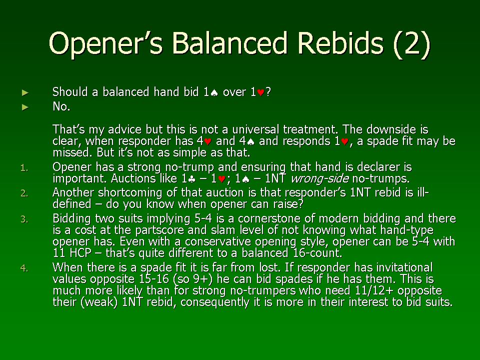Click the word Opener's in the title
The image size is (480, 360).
click(106, 44)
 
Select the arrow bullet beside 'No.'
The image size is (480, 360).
click(25, 107)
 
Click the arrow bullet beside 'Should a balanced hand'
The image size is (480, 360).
click(25, 92)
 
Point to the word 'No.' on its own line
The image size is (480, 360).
click(61, 106)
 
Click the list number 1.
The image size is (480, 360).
click(24, 168)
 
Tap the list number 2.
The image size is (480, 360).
click(24, 193)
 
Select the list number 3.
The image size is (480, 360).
click(24, 219)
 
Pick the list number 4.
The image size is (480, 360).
click(24, 268)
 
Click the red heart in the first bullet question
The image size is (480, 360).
click(260, 92)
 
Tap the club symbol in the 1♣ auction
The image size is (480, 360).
click(192, 179)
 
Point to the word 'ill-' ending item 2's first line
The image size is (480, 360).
click(423, 192)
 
